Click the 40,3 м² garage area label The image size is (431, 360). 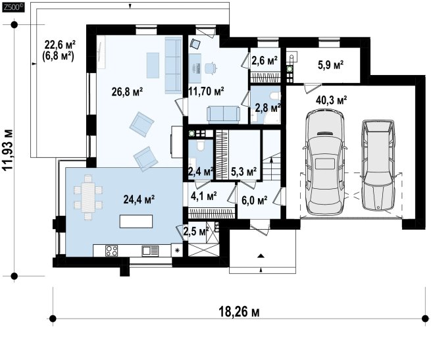click(x=331, y=100)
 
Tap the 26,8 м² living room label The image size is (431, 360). click(x=127, y=91)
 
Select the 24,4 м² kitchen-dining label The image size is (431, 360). click(x=139, y=199)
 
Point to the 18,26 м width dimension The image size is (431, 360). click(x=239, y=312)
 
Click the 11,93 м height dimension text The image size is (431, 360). click(x=9, y=150)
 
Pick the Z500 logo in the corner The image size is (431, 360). click(x=13, y=8)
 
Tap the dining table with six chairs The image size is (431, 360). click(x=88, y=197)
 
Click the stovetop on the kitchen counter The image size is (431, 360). click(x=112, y=251)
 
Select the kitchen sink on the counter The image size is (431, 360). click(x=150, y=251)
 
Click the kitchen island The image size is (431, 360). click(x=136, y=221)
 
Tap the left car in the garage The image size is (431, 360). click(x=324, y=162)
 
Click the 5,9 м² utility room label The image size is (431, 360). click(x=331, y=65)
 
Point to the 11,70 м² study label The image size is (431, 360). click(x=207, y=91)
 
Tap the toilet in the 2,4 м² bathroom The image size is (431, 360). click(x=201, y=145)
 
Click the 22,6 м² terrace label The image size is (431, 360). click(x=60, y=44)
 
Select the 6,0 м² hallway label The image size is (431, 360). click(x=254, y=201)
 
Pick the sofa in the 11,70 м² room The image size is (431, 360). click(x=223, y=114)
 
